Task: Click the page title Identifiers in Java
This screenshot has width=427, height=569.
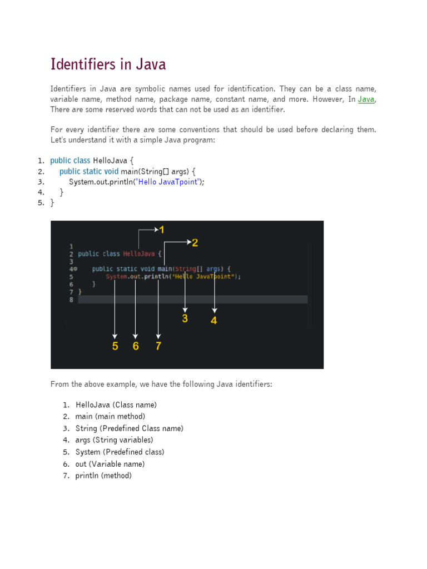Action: pyautogui.click(x=108, y=64)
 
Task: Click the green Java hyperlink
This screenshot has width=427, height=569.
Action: pyautogui.click(x=366, y=99)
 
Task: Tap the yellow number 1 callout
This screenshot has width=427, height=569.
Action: pyautogui.click(x=162, y=229)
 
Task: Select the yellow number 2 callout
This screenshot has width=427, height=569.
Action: pyautogui.click(x=195, y=242)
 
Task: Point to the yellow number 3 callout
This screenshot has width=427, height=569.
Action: pyautogui.click(x=185, y=318)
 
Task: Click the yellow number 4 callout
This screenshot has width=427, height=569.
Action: pyautogui.click(x=214, y=320)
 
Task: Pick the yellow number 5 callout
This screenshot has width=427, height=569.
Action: pyautogui.click(x=115, y=346)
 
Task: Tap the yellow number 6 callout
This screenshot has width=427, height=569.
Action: pyautogui.click(x=136, y=346)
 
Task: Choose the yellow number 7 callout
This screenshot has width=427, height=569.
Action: pyautogui.click(x=158, y=346)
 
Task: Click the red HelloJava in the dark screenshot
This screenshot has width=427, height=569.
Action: pyautogui.click(x=139, y=254)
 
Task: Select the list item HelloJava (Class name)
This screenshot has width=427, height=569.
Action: pyautogui.click(x=116, y=405)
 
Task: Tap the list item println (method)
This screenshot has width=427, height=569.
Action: pyautogui.click(x=103, y=476)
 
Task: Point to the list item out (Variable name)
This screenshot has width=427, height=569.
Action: pyautogui.click(x=110, y=464)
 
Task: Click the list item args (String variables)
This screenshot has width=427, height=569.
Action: pyautogui.click(x=114, y=440)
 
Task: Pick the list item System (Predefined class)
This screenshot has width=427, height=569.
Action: pyautogui.click(x=120, y=452)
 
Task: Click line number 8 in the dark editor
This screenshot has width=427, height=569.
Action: pyautogui.click(x=71, y=300)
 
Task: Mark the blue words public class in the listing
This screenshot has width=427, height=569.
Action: pyautogui.click(x=70, y=161)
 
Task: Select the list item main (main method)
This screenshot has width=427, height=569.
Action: pyautogui.click(x=110, y=416)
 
